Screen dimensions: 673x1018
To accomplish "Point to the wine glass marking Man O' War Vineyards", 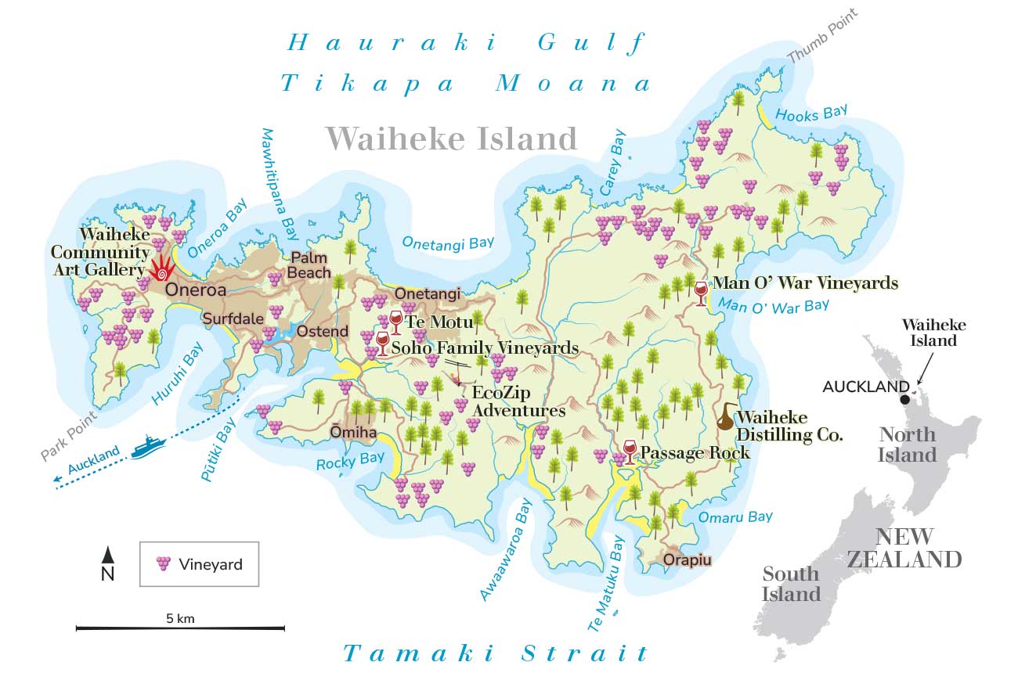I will point(701,293).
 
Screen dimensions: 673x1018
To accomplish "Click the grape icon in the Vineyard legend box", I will point(164,563).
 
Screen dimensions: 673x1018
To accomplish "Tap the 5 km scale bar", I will point(180,628).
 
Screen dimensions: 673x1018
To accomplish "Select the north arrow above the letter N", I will point(108,555).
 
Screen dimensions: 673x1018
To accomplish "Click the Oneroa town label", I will point(195,290).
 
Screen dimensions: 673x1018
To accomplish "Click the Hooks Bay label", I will point(811,114).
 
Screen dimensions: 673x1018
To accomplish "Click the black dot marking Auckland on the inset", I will point(905,399).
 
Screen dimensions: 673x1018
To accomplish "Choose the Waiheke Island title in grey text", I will point(452,139).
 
